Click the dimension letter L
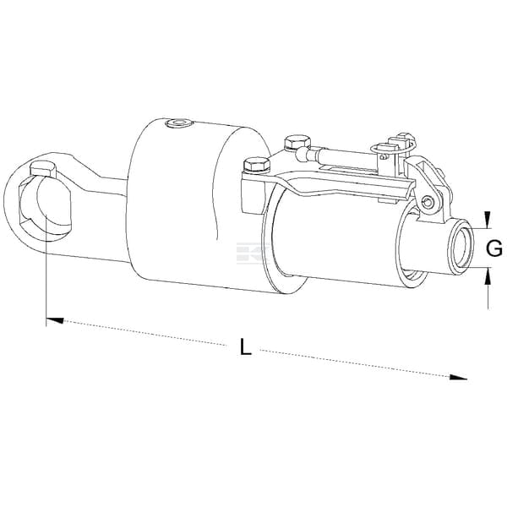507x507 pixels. (x=246, y=346)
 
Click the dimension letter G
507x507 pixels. (x=494, y=248)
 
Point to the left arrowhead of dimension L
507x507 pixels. (x=55, y=320)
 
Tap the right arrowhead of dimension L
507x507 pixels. (x=459, y=378)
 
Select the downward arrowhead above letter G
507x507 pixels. (x=488, y=218)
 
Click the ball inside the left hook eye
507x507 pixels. (x=53, y=203)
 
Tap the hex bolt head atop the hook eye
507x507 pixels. (x=43, y=170)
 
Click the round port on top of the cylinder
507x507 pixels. (x=178, y=123)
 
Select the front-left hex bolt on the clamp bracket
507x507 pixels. (x=257, y=164)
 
